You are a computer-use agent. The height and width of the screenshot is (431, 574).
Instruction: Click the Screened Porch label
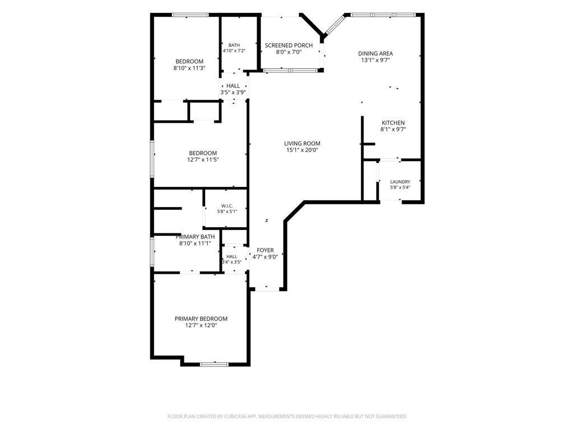pos(289,45)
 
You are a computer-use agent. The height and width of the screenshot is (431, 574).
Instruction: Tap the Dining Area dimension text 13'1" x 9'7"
pos(375,60)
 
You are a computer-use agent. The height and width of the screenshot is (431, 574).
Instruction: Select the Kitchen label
pos(393,123)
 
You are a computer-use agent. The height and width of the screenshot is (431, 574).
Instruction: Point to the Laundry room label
pos(400,182)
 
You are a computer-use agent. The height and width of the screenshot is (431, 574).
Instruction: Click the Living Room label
pos(302,144)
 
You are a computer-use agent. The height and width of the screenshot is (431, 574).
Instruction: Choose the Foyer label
pos(265,250)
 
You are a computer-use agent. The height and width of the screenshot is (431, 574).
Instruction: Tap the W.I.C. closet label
pos(227,206)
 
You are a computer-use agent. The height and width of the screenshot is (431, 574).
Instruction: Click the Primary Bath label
pos(195,237)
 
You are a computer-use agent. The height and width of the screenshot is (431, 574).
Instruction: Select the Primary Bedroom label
pos(201,319)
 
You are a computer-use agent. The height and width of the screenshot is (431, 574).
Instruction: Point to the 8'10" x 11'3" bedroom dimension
pos(189,68)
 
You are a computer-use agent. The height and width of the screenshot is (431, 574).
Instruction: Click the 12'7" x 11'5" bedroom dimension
pos(203,160)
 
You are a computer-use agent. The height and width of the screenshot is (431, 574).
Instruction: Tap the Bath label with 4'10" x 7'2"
pos(234,45)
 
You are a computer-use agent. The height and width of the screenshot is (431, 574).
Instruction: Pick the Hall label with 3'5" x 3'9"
pos(233,86)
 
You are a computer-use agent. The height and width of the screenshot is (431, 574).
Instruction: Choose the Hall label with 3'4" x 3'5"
pos(232,256)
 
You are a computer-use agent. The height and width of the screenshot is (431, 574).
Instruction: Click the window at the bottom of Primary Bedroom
pos(214,364)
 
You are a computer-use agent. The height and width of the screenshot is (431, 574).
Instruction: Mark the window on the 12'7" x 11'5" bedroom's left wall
pos(152,159)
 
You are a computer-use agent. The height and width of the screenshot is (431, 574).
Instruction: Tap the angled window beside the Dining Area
pos(335,25)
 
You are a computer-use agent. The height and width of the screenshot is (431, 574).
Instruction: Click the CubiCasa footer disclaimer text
pos(287,416)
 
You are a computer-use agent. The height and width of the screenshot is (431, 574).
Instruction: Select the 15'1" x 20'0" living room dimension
pos(302,150)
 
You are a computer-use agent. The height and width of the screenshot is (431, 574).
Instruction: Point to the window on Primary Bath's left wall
pos(152,252)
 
